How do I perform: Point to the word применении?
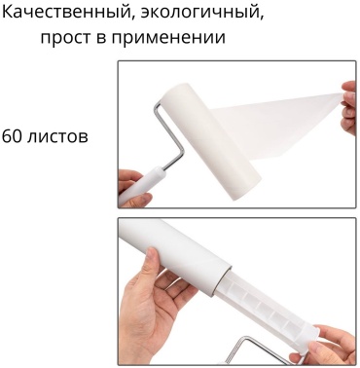coord(168,38)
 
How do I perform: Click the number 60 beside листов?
coord(12,136)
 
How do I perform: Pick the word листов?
coord(57,137)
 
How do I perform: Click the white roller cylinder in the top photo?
coord(211,143)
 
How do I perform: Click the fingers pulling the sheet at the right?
coord(349,107)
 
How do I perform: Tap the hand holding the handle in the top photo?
coord(133,187)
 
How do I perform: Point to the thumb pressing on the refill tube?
coord(157,262)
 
